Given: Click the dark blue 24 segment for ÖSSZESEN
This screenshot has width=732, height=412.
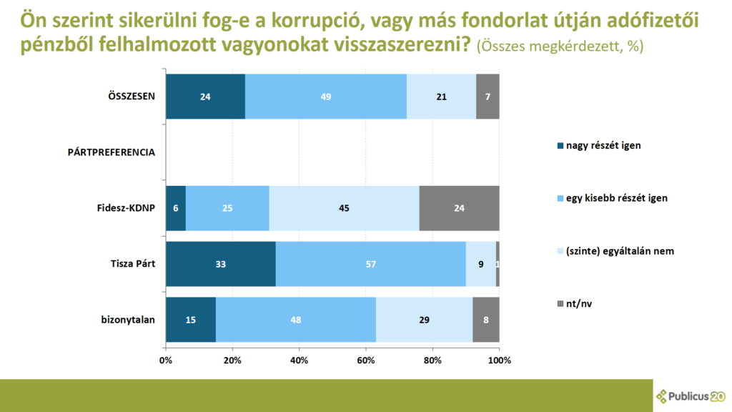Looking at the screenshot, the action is pyautogui.click(x=205, y=97).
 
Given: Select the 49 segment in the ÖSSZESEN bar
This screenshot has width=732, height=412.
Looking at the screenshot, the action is pyautogui.click(x=326, y=97).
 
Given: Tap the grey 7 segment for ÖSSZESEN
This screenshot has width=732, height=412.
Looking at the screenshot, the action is pyautogui.click(x=488, y=97).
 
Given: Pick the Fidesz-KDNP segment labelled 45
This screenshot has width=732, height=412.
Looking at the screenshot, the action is pyautogui.click(x=344, y=208).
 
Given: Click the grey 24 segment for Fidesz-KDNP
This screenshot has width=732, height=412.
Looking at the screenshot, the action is pyautogui.click(x=460, y=208).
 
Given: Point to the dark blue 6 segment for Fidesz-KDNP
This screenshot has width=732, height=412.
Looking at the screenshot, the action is pyautogui.click(x=176, y=208).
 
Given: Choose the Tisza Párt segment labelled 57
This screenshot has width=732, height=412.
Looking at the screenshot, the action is pyautogui.click(x=371, y=264).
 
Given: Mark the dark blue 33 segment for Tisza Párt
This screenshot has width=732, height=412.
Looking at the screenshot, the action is pyautogui.click(x=221, y=264).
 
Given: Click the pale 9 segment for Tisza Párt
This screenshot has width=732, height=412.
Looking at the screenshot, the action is pyautogui.click(x=481, y=264).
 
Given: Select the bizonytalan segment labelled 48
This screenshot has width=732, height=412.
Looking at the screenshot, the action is pyautogui.click(x=296, y=320).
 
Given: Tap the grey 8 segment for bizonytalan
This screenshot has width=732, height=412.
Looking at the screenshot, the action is pyautogui.click(x=486, y=320).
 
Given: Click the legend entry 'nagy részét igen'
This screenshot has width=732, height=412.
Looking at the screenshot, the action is pyautogui.click(x=599, y=146).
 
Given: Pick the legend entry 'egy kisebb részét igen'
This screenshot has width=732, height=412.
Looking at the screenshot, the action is pyautogui.click(x=613, y=198).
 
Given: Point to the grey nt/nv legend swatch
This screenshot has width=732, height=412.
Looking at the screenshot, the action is pyautogui.click(x=560, y=303).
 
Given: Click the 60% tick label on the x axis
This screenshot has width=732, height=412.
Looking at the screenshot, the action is pyautogui.click(x=366, y=360).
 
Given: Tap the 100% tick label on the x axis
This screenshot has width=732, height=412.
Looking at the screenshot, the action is pyautogui.click(x=500, y=360).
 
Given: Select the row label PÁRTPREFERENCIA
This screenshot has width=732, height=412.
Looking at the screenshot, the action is pyautogui.click(x=111, y=152).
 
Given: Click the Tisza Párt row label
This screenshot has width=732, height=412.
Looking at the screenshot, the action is pyautogui.click(x=132, y=264).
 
